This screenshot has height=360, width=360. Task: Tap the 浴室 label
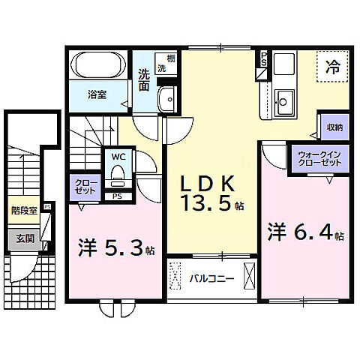(x=97, y=95)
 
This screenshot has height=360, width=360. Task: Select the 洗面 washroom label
(x=145, y=79)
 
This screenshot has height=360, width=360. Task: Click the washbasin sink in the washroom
(x=168, y=97)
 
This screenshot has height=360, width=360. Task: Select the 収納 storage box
(x=332, y=127)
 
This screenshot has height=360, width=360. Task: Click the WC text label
(x=118, y=157)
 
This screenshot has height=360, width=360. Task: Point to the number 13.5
(x=205, y=203)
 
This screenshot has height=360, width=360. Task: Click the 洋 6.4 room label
(x=300, y=232)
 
